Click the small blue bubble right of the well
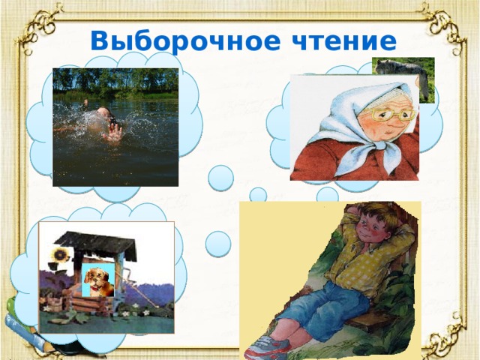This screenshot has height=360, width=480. [217, 242]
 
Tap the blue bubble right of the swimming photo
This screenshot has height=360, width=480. [220, 178]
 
